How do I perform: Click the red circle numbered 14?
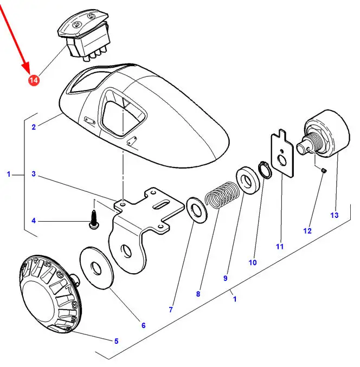pyautogui.click(x=34, y=80)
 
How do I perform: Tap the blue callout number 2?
pyautogui.click(x=34, y=127)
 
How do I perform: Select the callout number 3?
pyautogui.click(x=34, y=174)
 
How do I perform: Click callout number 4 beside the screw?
pyautogui.click(x=34, y=221)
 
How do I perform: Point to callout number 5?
pyautogui.click(x=115, y=341)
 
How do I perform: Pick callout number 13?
pyautogui.click(x=335, y=215)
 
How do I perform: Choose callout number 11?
pyautogui.click(x=280, y=247)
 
